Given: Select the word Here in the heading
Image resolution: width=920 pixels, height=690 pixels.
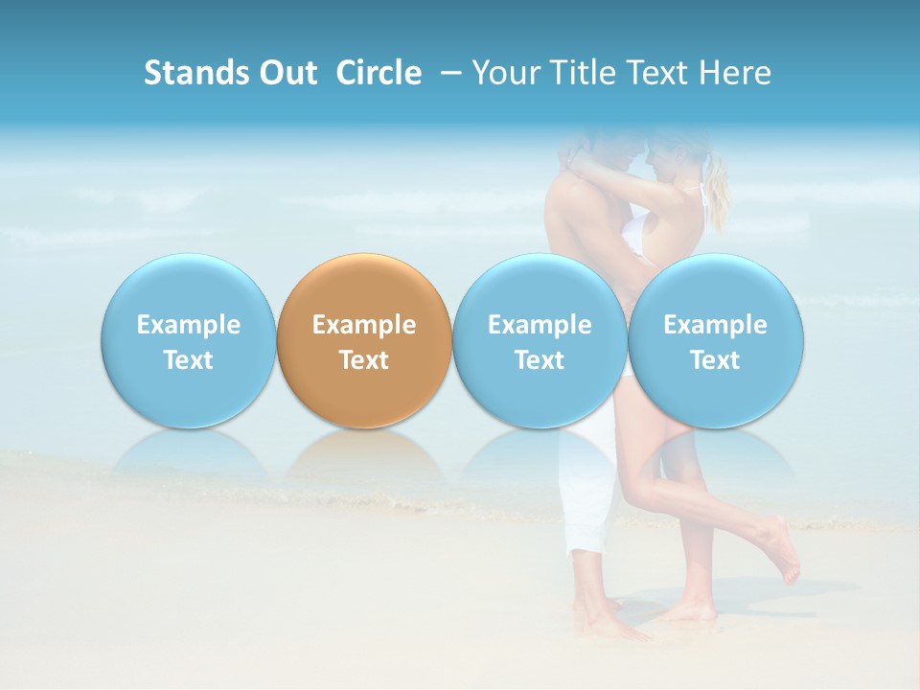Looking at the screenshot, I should tap(737, 73).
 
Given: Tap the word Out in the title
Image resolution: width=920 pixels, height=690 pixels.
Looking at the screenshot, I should tap(286, 73).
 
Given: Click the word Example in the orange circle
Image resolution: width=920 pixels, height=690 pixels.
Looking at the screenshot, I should tap(364, 325).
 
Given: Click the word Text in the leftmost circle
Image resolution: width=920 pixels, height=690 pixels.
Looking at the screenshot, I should tap(189, 360).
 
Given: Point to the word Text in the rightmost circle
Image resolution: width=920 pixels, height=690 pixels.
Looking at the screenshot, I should tap(716, 360).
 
